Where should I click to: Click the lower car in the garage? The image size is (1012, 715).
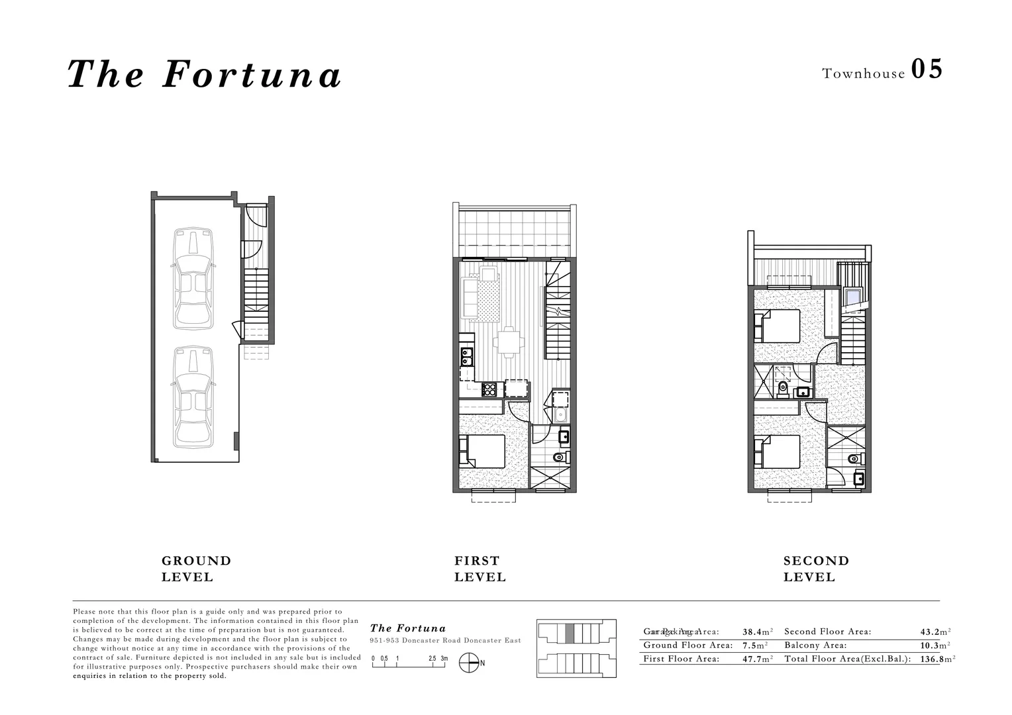pyautogui.click(x=193, y=395)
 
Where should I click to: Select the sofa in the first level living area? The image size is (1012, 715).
pyautogui.click(x=469, y=298)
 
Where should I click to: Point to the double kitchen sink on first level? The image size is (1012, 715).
pyautogui.click(x=466, y=358)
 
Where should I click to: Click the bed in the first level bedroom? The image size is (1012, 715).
pyautogui.click(x=483, y=451)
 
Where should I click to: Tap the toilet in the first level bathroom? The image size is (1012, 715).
pyautogui.click(x=559, y=457)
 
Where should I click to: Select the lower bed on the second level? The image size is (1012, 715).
pyautogui.click(x=780, y=452)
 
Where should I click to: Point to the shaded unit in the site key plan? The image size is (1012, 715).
pyautogui.click(x=570, y=634)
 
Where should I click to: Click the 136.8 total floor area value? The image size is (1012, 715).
pyautogui.click(x=931, y=659)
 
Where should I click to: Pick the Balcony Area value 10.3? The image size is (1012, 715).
pyautogui.click(x=931, y=645)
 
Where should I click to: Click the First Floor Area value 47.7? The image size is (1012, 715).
pyautogui.click(x=753, y=659)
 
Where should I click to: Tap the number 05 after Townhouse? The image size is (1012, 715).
pyautogui.click(x=927, y=70)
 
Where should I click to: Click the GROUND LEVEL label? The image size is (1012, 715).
pyautogui.click(x=196, y=569)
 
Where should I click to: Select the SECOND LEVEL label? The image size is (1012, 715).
pyautogui.click(x=816, y=569)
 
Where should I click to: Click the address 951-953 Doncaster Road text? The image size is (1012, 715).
pyautogui.click(x=445, y=641)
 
